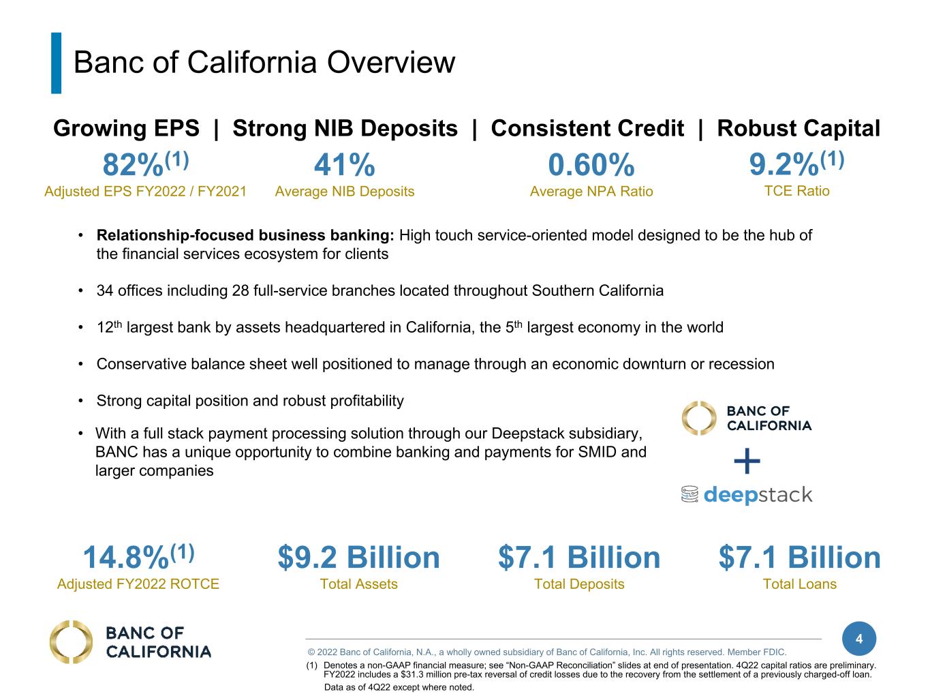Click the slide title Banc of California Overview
pyautogui.click(x=264, y=62)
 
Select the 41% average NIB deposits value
pyautogui.click(x=345, y=164)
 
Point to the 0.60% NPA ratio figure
pyautogui.click(x=591, y=164)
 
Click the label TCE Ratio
pyautogui.click(x=796, y=191)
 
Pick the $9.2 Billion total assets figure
pyautogui.click(x=358, y=557)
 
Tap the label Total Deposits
pyautogui.click(x=578, y=584)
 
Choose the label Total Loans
pyautogui.click(x=799, y=584)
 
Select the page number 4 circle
pyautogui.click(x=859, y=639)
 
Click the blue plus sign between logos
pyautogui.click(x=747, y=461)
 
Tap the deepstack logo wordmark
pyautogui.click(x=758, y=495)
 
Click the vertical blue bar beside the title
pyautogui.click(x=57, y=63)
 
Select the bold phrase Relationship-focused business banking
pyautogui.click(x=245, y=235)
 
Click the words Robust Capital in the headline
pyautogui.click(x=799, y=128)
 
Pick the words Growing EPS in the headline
pyautogui.click(x=126, y=128)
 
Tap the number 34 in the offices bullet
pyautogui.click(x=105, y=291)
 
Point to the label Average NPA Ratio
pyautogui.click(x=591, y=191)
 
